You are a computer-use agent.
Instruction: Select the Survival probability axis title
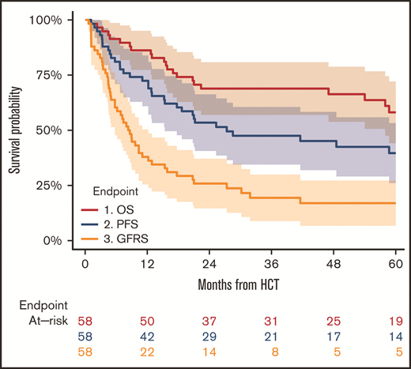(14, 130)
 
